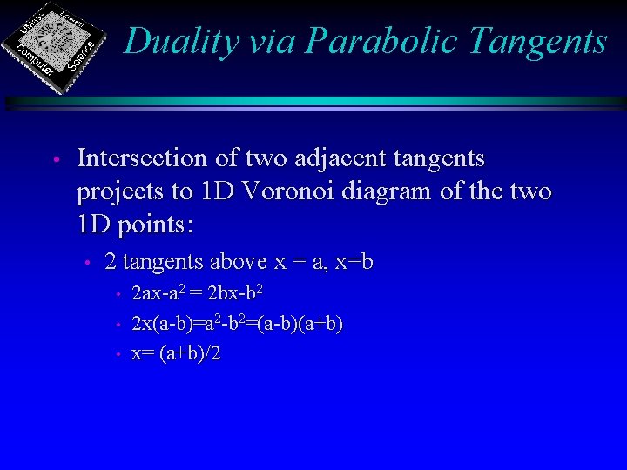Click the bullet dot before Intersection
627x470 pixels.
click(54, 160)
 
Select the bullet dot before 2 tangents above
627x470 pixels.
click(87, 263)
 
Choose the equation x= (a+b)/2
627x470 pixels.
click(176, 353)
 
